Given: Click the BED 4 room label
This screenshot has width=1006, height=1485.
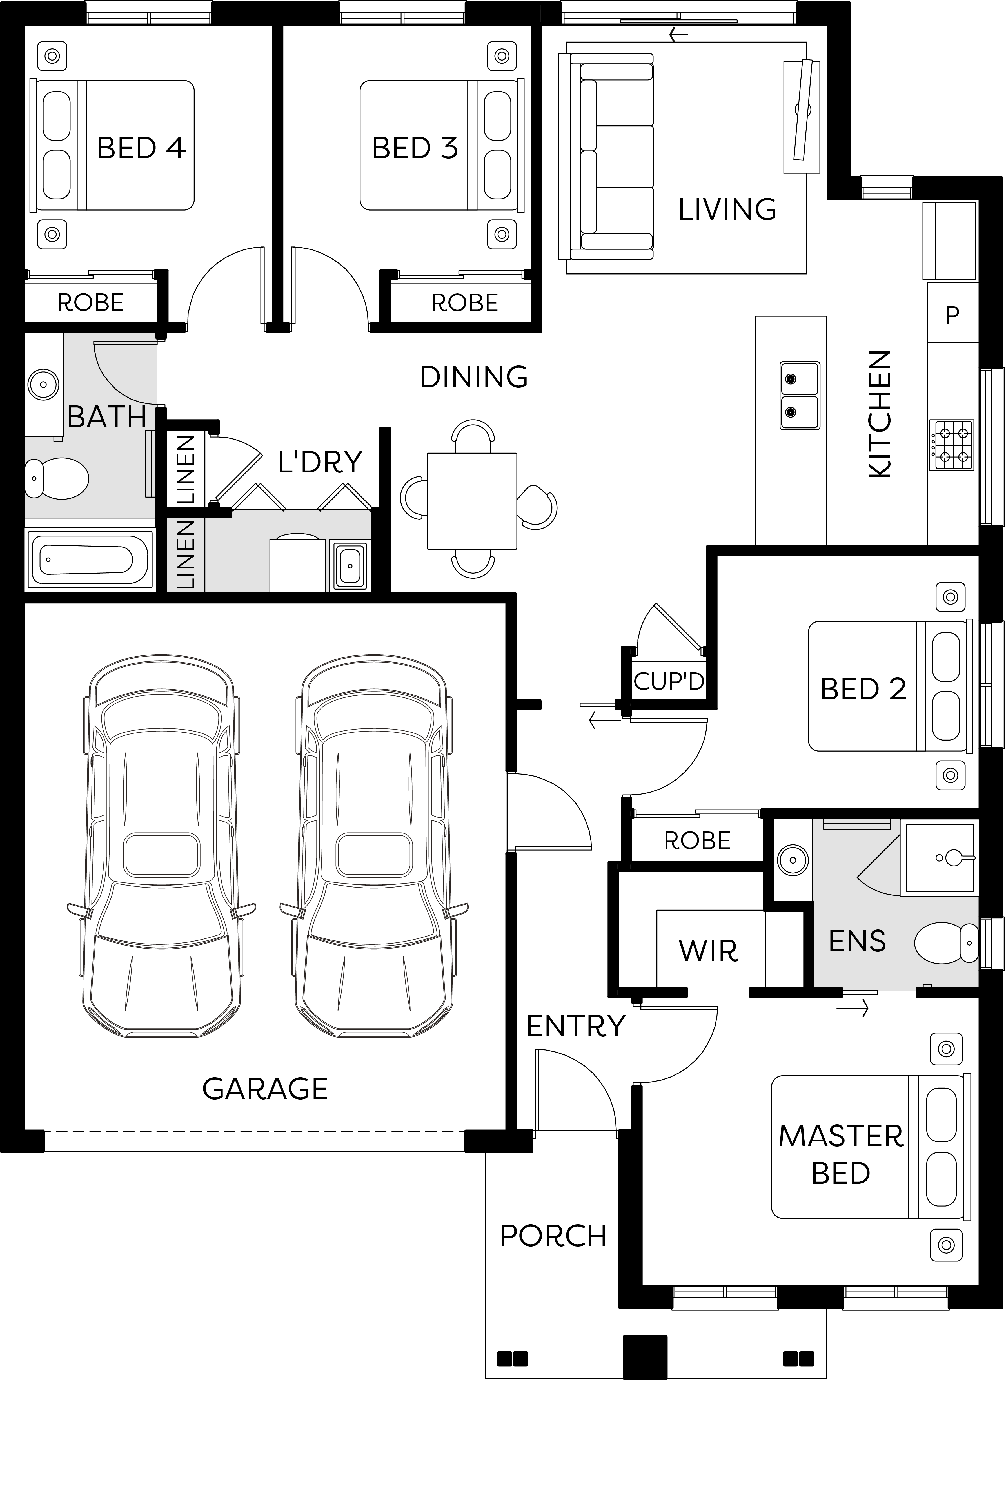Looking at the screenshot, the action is click(141, 148).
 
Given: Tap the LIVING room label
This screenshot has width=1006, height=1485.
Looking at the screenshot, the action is click(727, 209).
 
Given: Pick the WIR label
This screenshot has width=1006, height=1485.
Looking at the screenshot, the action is click(708, 951).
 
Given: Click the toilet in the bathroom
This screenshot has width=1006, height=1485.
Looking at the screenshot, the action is click(56, 478).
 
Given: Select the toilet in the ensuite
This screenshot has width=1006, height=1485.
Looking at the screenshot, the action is click(946, 942).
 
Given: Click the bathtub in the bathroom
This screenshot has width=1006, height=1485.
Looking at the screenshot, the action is click(90, 559).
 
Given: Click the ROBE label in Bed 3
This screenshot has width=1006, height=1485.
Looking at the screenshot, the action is click(465, 303).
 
